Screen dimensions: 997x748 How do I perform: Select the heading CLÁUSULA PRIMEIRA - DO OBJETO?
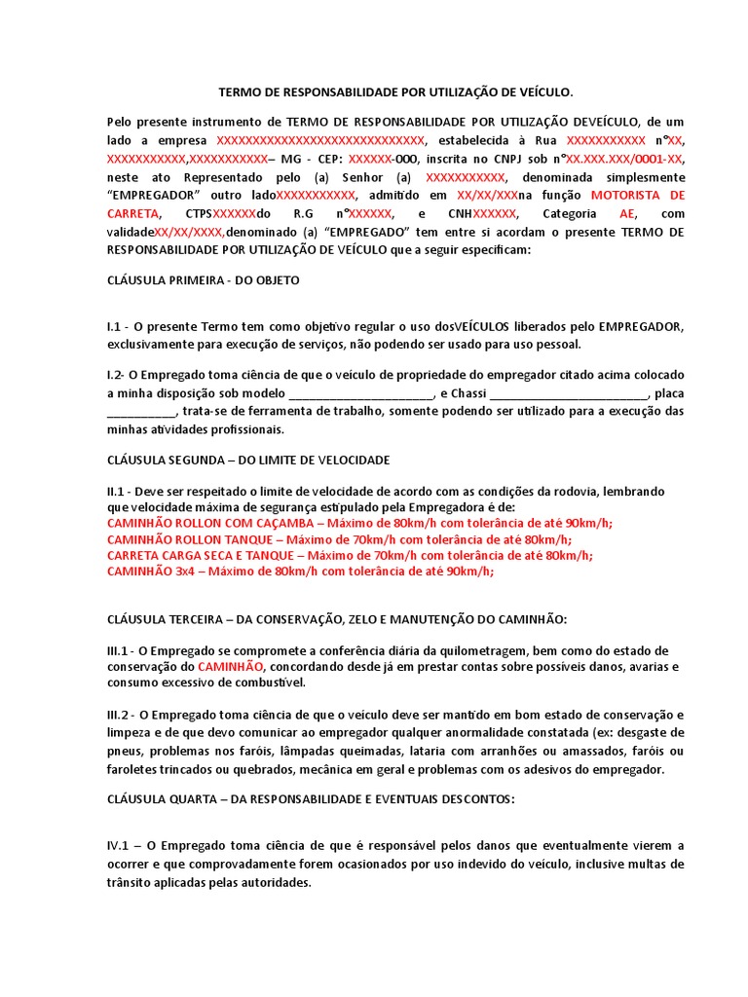click(x=203, y=279)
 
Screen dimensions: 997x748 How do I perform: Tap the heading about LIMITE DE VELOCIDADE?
click(x=248, y=459)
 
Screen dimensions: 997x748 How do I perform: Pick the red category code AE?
click(x=627, y=213)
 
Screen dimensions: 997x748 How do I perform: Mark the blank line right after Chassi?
click(x=568, y=393)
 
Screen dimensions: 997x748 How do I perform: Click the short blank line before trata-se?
click(x=142, y=411)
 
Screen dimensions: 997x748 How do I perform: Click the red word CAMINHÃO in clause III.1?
click(x=230, y=667)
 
